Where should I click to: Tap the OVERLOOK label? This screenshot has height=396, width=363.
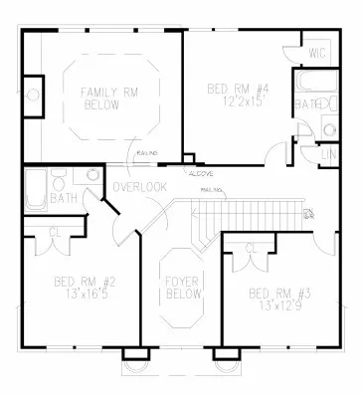139,187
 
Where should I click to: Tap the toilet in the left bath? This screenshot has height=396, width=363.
62,186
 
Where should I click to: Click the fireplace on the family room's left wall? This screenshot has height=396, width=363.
33,96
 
